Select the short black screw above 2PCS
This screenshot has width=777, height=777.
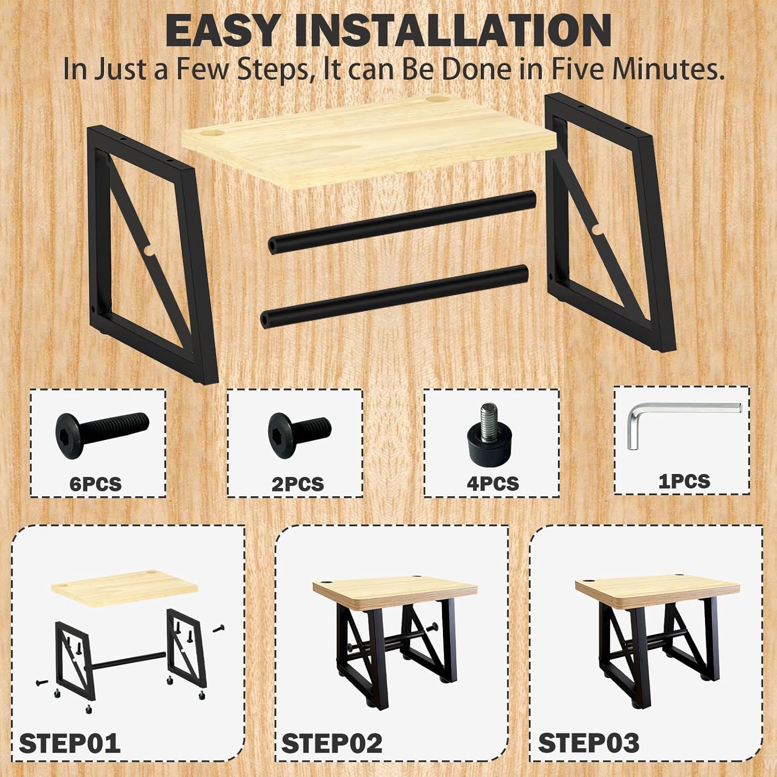(299, 429)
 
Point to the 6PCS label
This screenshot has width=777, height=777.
(95, 484)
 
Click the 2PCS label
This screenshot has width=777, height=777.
(297, 484)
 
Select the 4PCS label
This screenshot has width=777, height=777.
(493, 483)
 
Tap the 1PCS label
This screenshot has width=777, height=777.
(684, 481)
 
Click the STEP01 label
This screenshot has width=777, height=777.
(69, 743)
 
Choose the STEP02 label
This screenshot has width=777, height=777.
(332, 743)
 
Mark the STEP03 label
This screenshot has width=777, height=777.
(588, 743)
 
